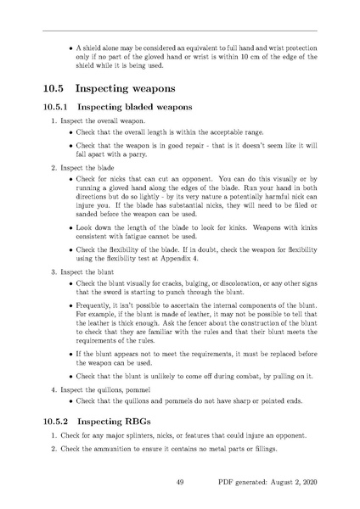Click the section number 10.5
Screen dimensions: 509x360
point(55,88)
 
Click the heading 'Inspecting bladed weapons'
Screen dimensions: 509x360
point(136,108)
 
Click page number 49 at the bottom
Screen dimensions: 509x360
point(180,482)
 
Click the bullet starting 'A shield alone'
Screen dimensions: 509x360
point(195,56)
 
